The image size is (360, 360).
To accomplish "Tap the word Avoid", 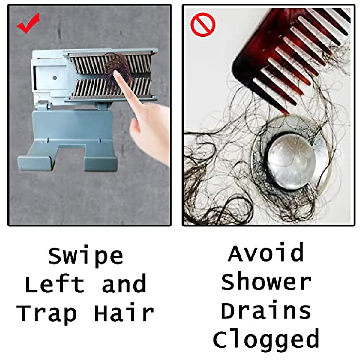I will pos(266,253).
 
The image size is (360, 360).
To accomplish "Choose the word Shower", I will pos(266,282).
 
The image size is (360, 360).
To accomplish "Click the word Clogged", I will pos(266,339).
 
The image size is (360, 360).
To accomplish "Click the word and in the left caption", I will pos(124,284).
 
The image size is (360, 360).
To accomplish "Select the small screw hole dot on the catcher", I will pos(55,78).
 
